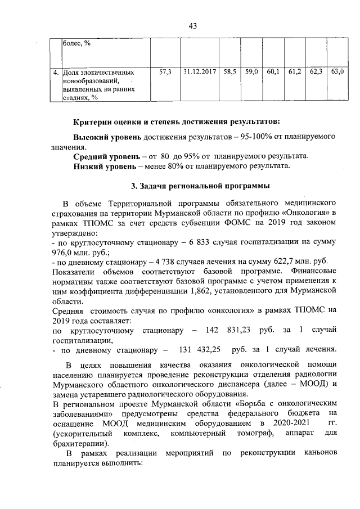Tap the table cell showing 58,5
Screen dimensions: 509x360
click(230, 73)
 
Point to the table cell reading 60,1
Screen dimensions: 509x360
click(273, 73)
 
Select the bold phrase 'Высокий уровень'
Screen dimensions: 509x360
click(107, 137)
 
